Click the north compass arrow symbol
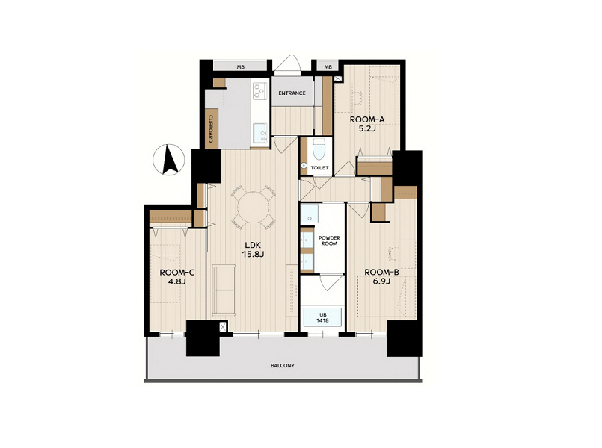169,160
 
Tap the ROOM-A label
367,119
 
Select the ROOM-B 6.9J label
381,277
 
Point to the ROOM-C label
177,273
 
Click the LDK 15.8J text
253,249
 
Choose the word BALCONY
283,366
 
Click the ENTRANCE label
292,93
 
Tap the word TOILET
319,168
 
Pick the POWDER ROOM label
329,240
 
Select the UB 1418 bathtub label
322,317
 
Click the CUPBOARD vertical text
211,128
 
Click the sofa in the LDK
224,290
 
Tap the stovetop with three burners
260,91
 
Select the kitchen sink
261,134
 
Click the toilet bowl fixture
319,150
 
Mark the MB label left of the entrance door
240,67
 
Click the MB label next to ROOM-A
328,67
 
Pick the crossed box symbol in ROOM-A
338,79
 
